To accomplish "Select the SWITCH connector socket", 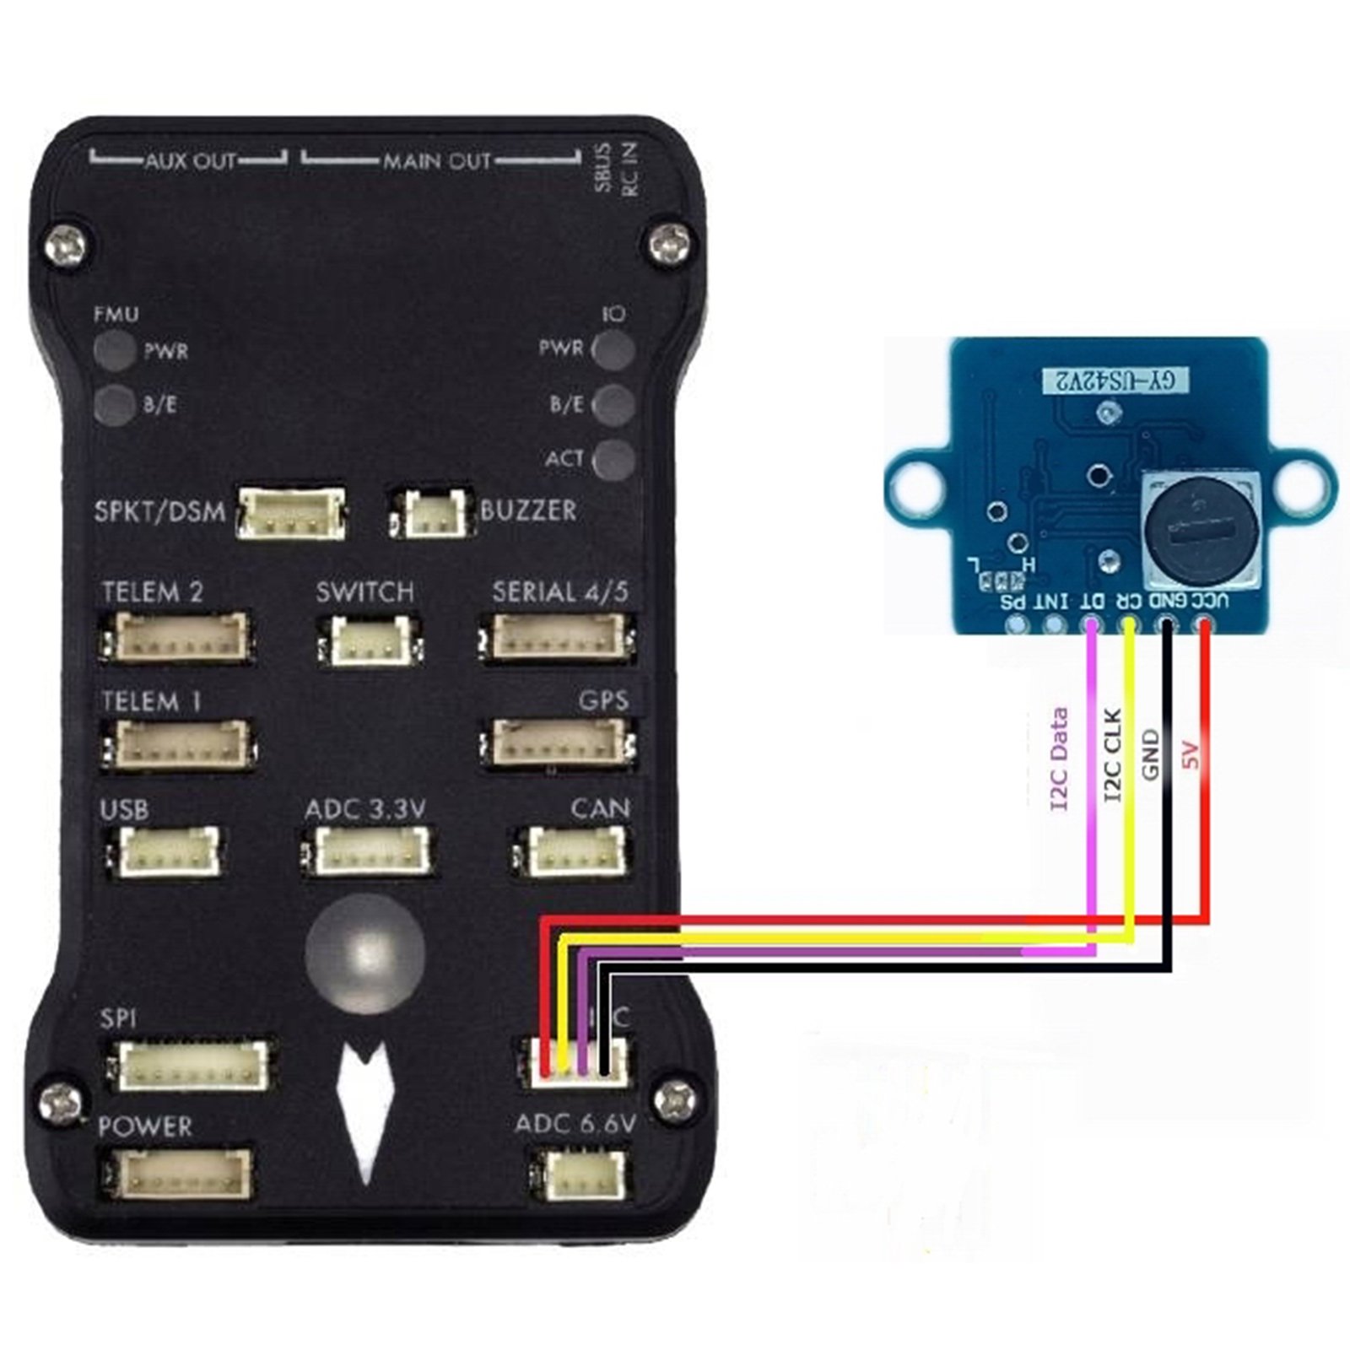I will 370,640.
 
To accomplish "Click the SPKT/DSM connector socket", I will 291,513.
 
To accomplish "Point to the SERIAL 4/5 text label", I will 560,592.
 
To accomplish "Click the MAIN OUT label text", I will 437,161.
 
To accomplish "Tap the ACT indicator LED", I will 614,460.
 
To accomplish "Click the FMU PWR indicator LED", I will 115,350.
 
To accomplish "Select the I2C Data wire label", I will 1060,759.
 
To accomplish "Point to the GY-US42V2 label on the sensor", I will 1115,381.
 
